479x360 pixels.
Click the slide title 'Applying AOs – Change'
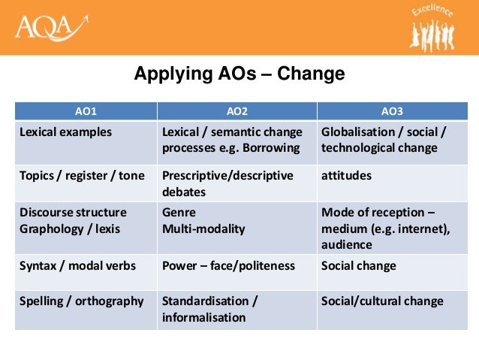pos(239,74)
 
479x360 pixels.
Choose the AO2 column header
pos(236,111)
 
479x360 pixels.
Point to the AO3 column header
pos(392,111)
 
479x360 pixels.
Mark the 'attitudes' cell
pos(346,175)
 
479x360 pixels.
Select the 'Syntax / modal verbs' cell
pos(72,266)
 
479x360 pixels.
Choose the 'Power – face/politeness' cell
pos(228,266)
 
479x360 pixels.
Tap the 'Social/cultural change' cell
pos(382,301)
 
